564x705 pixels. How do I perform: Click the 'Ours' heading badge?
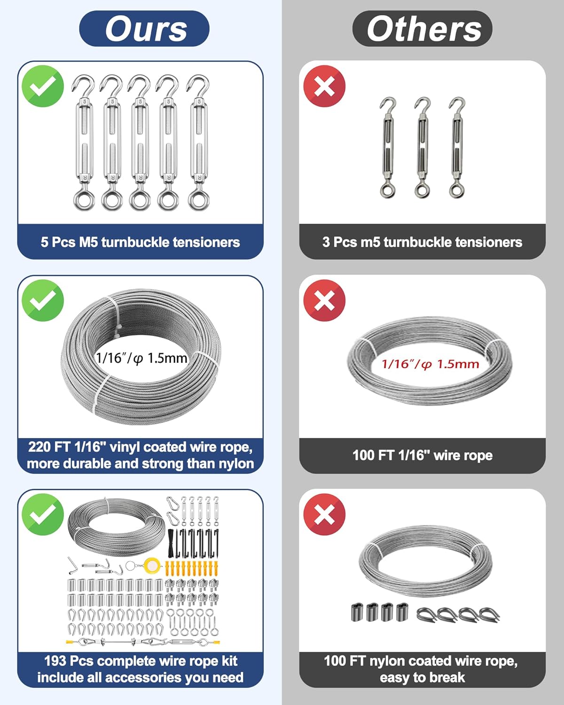(144, 29)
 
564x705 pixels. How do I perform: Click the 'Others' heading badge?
(422, 29)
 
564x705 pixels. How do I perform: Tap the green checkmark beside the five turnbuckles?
(43, 86)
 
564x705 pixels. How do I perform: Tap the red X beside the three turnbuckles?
(324, 86)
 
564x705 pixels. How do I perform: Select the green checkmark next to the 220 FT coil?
(43, 300)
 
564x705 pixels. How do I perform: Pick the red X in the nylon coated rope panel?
(324, 515)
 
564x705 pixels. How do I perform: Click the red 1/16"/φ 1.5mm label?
(431, 364)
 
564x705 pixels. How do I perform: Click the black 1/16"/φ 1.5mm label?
(141, 358)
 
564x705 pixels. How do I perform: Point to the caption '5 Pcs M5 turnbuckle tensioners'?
(140, 242)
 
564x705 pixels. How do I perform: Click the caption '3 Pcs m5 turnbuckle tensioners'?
(422, 242)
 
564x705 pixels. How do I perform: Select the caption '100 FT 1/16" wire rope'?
(423, 455)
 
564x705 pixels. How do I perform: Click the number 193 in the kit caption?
(55, 661)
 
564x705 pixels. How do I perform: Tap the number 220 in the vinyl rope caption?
(39, 447)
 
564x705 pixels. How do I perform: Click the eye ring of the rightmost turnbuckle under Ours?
(199, 199)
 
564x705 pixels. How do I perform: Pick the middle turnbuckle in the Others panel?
(422, 148)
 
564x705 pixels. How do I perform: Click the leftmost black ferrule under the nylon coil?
(356, 612)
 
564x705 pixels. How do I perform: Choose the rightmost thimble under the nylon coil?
(489, 614)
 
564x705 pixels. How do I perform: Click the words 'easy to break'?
(422, 677)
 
